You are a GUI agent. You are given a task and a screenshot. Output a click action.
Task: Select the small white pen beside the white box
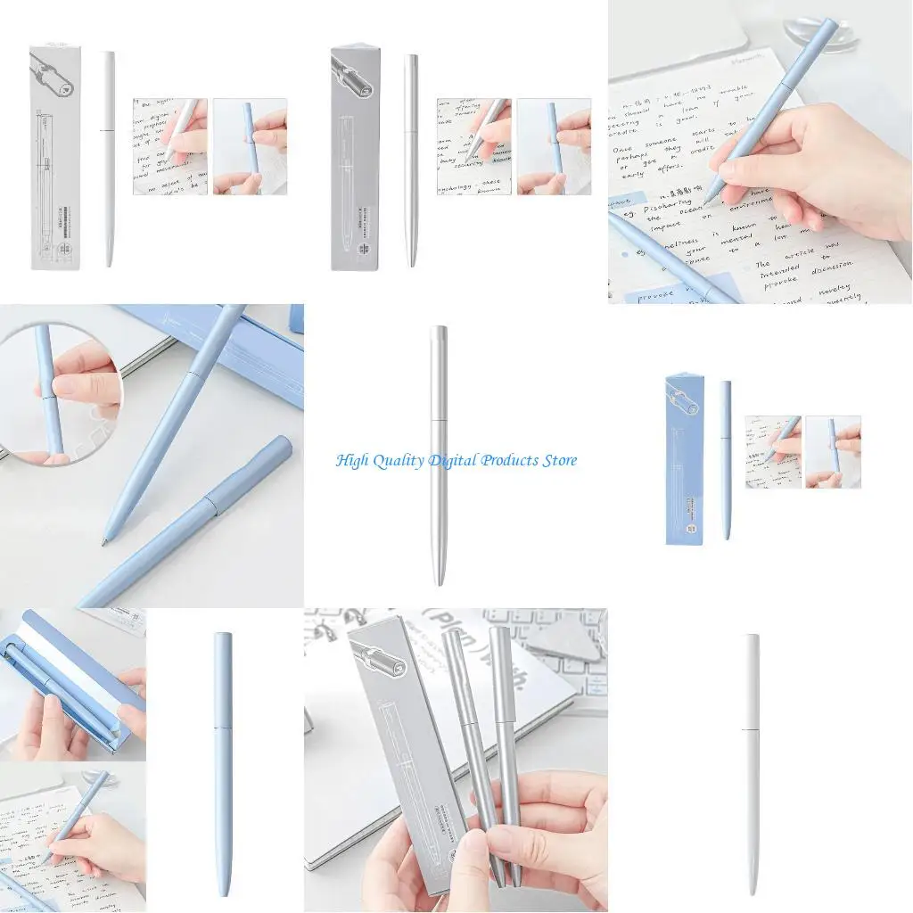[109, 159]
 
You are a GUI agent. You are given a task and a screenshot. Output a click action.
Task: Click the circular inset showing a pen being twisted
[59, 392]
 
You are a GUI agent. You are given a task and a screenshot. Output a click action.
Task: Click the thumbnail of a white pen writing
[170, 146]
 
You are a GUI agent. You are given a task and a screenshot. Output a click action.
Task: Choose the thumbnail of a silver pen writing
[473, 146]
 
